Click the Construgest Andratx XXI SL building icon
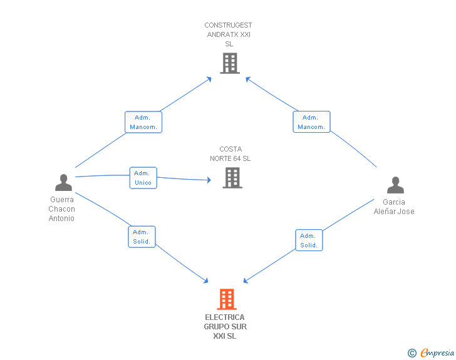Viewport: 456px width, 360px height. tap(230, 63)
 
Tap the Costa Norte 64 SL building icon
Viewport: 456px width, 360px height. tap(232, 178)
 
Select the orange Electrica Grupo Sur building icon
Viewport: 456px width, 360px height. tap(227, 299)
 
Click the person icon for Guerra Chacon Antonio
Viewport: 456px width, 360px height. tap(63, 182)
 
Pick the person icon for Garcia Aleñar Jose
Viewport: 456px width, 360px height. tap(395, 185)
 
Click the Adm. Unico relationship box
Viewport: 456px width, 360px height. tap(143, 178)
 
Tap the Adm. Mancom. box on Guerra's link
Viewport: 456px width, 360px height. tap(143, 122)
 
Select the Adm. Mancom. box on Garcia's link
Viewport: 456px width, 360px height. tap(311, 122)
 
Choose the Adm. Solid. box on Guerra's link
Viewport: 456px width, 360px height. tap(142, 237)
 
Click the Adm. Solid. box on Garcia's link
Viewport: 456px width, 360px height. tap(309, 240)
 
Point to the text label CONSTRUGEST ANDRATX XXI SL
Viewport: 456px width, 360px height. tap(228, 34)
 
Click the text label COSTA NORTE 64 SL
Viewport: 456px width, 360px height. tap(231, 154)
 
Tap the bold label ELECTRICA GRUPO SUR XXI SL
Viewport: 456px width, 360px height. tap(225, 327)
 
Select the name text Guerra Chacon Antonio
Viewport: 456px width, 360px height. tap(61, 209)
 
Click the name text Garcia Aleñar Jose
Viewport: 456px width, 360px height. tap(394, 207)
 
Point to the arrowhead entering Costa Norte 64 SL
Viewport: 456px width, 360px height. tap(209, 180)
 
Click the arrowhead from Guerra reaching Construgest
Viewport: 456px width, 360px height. tap(209, 79)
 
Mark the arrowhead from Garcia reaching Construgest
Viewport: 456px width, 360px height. tap(248, 79)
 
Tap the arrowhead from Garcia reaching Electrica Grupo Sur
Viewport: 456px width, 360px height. tap(246, 280)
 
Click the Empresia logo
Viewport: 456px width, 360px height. tap(431, 352)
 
